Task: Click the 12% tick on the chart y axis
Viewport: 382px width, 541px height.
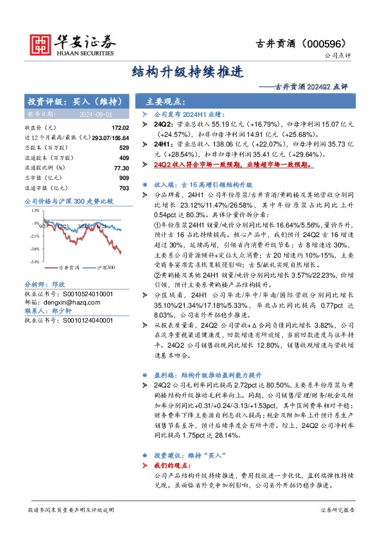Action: click(x=35, y=211)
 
